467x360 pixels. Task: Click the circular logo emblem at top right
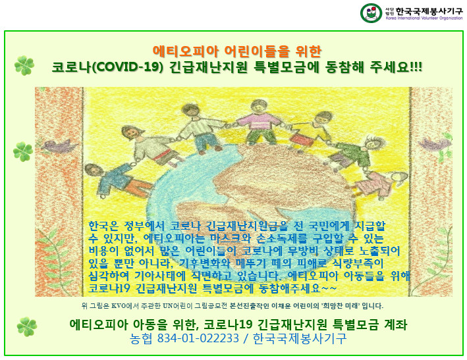pyautogui.click(x=371, y=13)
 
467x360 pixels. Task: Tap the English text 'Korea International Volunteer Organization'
pyautogui.click(x=424, y=18)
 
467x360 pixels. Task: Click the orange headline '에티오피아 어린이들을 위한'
pyautogui.click(x=237, y=51)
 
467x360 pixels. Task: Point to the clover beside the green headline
pyautogui.click(x=24, y=65)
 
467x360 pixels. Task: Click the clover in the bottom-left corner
pyautogui.click(x=27, y=326)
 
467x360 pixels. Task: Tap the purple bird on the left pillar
pyautogui.click(x=59, y=146)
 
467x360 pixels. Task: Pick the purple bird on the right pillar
pyautogui.click(x=435, y=143)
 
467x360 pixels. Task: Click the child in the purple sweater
pyautogui.click(x=258, y=122)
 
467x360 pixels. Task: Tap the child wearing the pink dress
pyautogui.click(x=378, y=183)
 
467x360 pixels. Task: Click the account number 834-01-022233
pyautogui.click(x=198, y=338)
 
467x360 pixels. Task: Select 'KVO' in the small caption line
pyautogui.click(x=119, y=305)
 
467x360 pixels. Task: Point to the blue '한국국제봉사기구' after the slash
pyautogui.click(x=300, y=338)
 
